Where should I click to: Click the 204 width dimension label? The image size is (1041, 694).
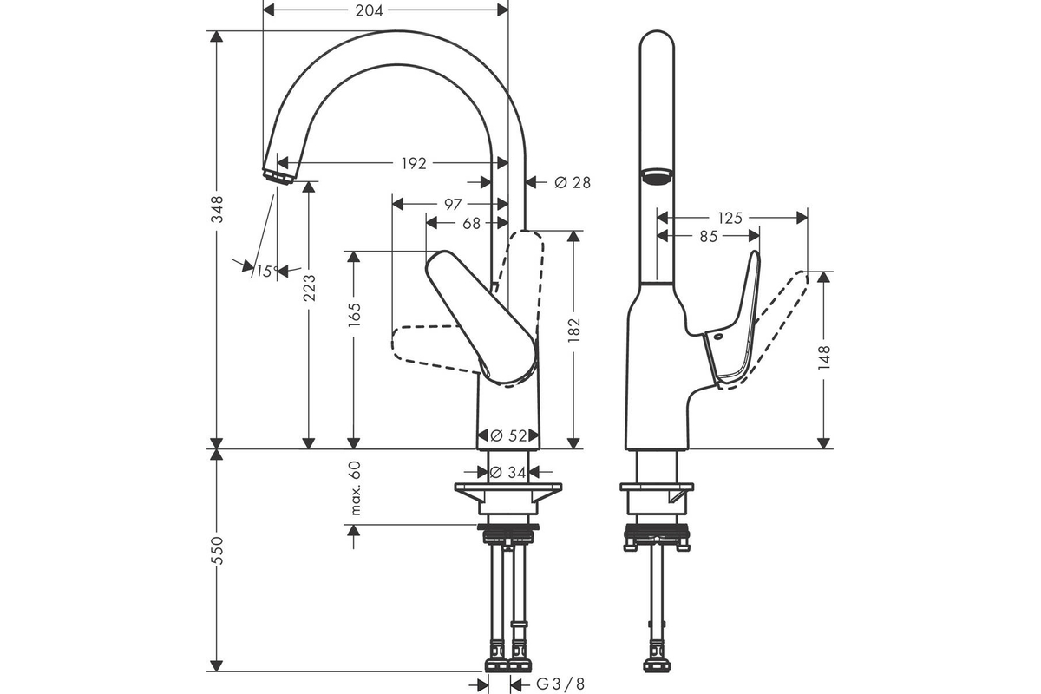coord(369,10)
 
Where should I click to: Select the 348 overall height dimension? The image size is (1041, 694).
coord(217,209)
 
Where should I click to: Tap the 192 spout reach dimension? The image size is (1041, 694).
coord(414,164)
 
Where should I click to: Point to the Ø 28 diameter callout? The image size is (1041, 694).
coord(573,183)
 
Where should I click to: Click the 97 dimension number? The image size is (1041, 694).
coord(453,205)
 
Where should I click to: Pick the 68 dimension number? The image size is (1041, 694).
coord(471,224)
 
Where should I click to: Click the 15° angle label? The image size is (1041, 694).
coord(267,271)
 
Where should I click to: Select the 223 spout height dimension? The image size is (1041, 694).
coord(309,288)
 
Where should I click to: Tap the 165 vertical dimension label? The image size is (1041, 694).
coord(354,314)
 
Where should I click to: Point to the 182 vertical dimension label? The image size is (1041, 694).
coord(574,330)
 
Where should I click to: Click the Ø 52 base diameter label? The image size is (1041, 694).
coord(508,435)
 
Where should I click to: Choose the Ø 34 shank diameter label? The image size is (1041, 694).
coord(508,473)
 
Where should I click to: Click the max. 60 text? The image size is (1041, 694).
coord(355,488)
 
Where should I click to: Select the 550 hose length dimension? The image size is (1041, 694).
coord(217,550)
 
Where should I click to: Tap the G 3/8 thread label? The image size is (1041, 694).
coord(560,684)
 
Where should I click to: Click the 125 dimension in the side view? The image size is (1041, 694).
coord(730,218)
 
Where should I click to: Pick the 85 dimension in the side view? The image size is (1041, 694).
coord(709,237)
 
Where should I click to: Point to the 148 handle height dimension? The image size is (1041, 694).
coord(824,357)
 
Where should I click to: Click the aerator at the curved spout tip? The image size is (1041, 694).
coord(278,177)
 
